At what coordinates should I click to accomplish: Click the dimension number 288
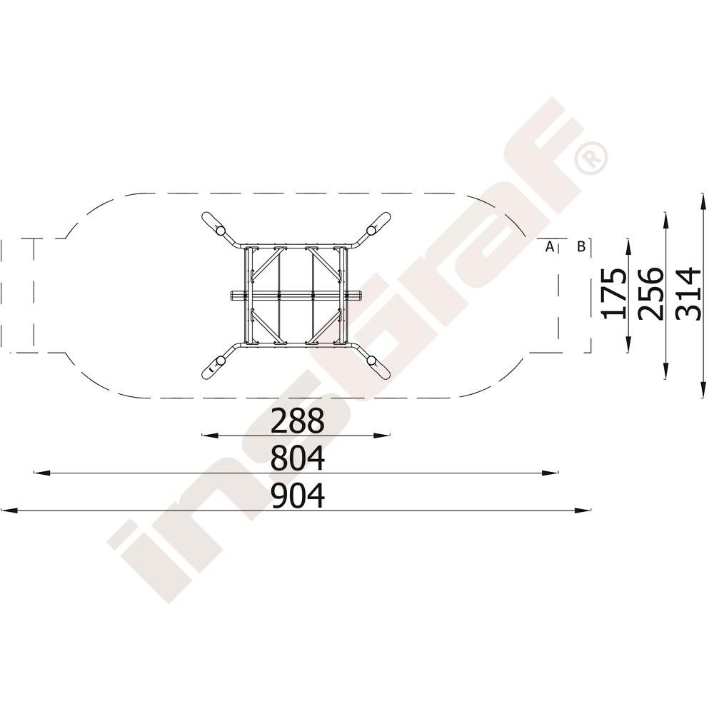click(297, 421)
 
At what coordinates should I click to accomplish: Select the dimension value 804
click(297, 458)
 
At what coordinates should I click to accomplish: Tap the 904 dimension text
click(297, 496)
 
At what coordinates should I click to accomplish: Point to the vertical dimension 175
click(613, 293)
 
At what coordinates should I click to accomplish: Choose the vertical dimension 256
click(650, 293)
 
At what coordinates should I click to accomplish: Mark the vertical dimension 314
click(688, 294)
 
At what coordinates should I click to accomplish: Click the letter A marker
click(550, 247)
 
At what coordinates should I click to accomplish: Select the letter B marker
click(581, 247)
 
